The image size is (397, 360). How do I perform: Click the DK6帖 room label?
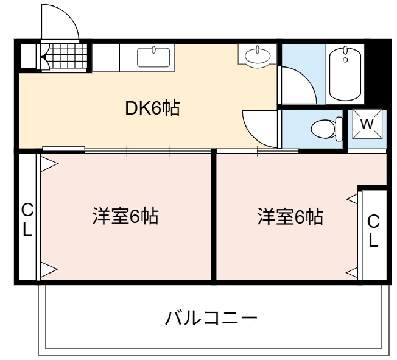[153, 108]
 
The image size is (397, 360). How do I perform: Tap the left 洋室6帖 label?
[125, 216]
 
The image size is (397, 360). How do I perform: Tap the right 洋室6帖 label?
[290, 217]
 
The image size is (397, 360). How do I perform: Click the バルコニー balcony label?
[211, 318]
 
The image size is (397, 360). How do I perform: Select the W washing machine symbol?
[367, 124]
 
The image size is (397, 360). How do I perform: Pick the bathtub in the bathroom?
[345, 74]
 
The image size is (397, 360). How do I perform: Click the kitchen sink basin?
[153, 57]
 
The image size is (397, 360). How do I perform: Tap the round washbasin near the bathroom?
[258, 56]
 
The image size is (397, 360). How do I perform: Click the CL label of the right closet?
[373, 231]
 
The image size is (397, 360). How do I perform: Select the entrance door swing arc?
[68, 16]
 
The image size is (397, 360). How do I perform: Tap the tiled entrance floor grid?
[68, 56]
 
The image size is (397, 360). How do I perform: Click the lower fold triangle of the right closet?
[352, 274]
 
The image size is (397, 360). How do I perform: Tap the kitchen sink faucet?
[153, 50]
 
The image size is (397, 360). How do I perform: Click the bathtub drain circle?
[345, 60]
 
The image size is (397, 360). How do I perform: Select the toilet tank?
[339, 129]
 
